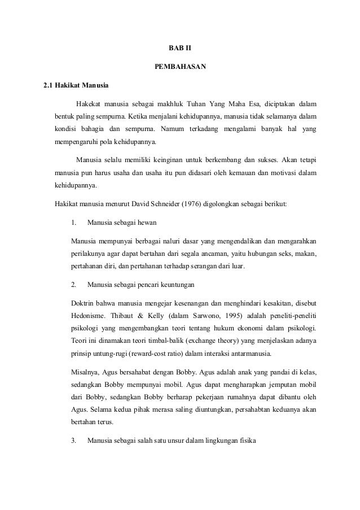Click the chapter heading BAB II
click(x=180, y=50)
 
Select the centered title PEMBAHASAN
click(x=180, y=68)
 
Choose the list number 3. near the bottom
click(x=74, y=441)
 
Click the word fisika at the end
click(x=247, y=441)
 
